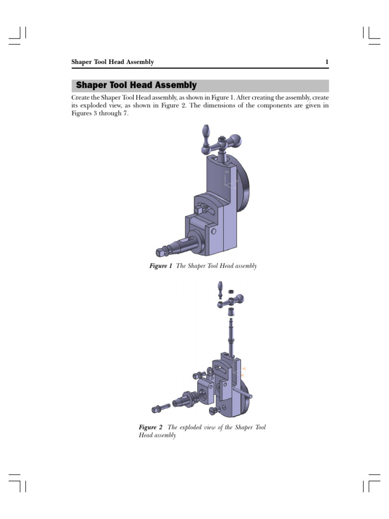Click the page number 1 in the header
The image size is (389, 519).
(x=327, y=62)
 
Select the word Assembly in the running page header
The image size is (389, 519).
(x=139, y=62)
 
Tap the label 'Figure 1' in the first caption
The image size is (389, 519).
(x=161, y=266)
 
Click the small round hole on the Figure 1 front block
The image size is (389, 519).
(x=214, y=232)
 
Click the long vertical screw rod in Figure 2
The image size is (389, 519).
(x=230, y=335)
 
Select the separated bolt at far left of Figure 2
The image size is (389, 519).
(x=159, y=408)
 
